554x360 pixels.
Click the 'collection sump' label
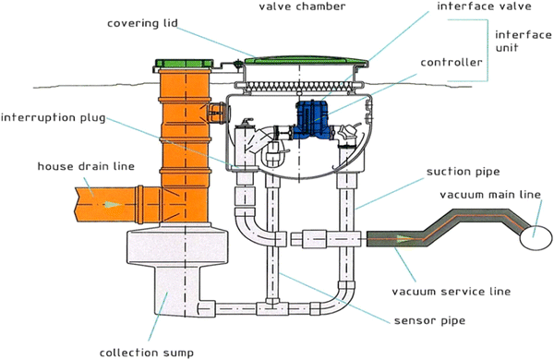(x=146, y=351)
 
